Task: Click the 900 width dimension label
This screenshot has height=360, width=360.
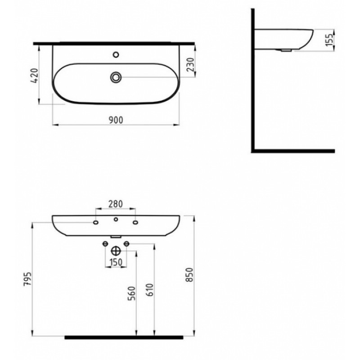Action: click(x=116, y=120)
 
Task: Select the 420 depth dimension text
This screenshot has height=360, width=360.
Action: click(x=34, y=76)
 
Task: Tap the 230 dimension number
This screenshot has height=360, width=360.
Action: click(x=190, y=64)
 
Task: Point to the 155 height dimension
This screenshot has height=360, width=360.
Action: click(x=329, y=40)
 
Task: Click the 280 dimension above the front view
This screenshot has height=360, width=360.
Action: click(x=116, y=204)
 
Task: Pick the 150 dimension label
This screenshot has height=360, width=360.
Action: click(x=116, y=262)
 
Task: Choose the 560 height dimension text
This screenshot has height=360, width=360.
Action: click(x=132, y=293)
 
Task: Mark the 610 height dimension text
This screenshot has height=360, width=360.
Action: click(x=149, y=290)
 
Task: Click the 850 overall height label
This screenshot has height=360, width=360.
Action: click(x=190, y=274)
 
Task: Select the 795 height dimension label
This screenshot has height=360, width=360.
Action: click(x=27, y=279)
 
